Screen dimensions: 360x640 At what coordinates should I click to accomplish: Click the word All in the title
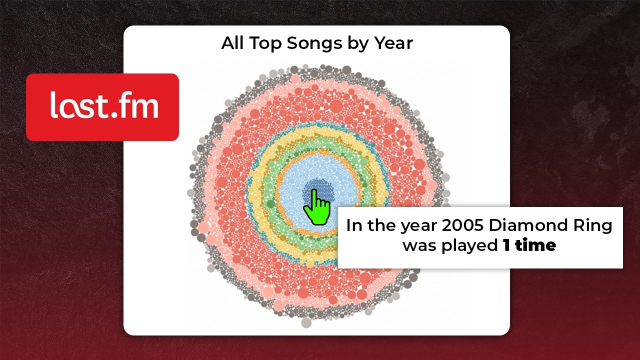click(x=232, y=43)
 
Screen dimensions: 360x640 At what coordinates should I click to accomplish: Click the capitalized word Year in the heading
click(x=393, y=43)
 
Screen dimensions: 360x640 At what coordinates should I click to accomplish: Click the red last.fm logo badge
click(x=102, y=107)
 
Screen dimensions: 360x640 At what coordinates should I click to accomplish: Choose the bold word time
click(x=536, y=245)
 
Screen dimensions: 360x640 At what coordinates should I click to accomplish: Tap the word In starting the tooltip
click(x=354, y=225)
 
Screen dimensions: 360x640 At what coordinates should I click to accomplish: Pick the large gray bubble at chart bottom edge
click(x=306, y=322)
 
